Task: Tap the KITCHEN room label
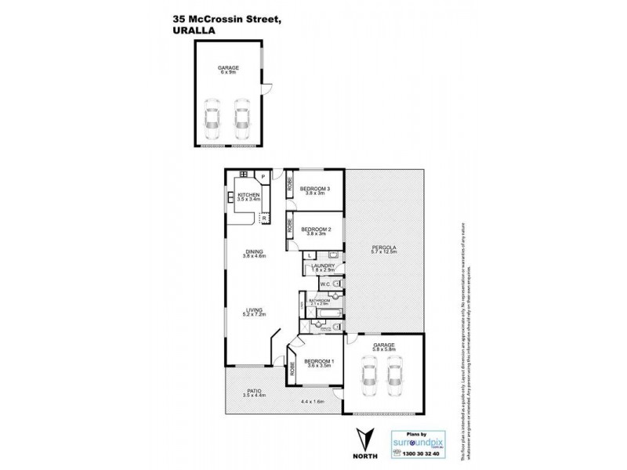pyautogui.click(x=248, y=194)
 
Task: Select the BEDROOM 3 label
pyautogui.click(x=316, y=188)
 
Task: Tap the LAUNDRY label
pyautogui.click(x=323, y=266)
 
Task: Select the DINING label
pyautogui.click(x=252, y=251)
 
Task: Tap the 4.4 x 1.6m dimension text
pyautogui.click(x=313, y=403)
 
